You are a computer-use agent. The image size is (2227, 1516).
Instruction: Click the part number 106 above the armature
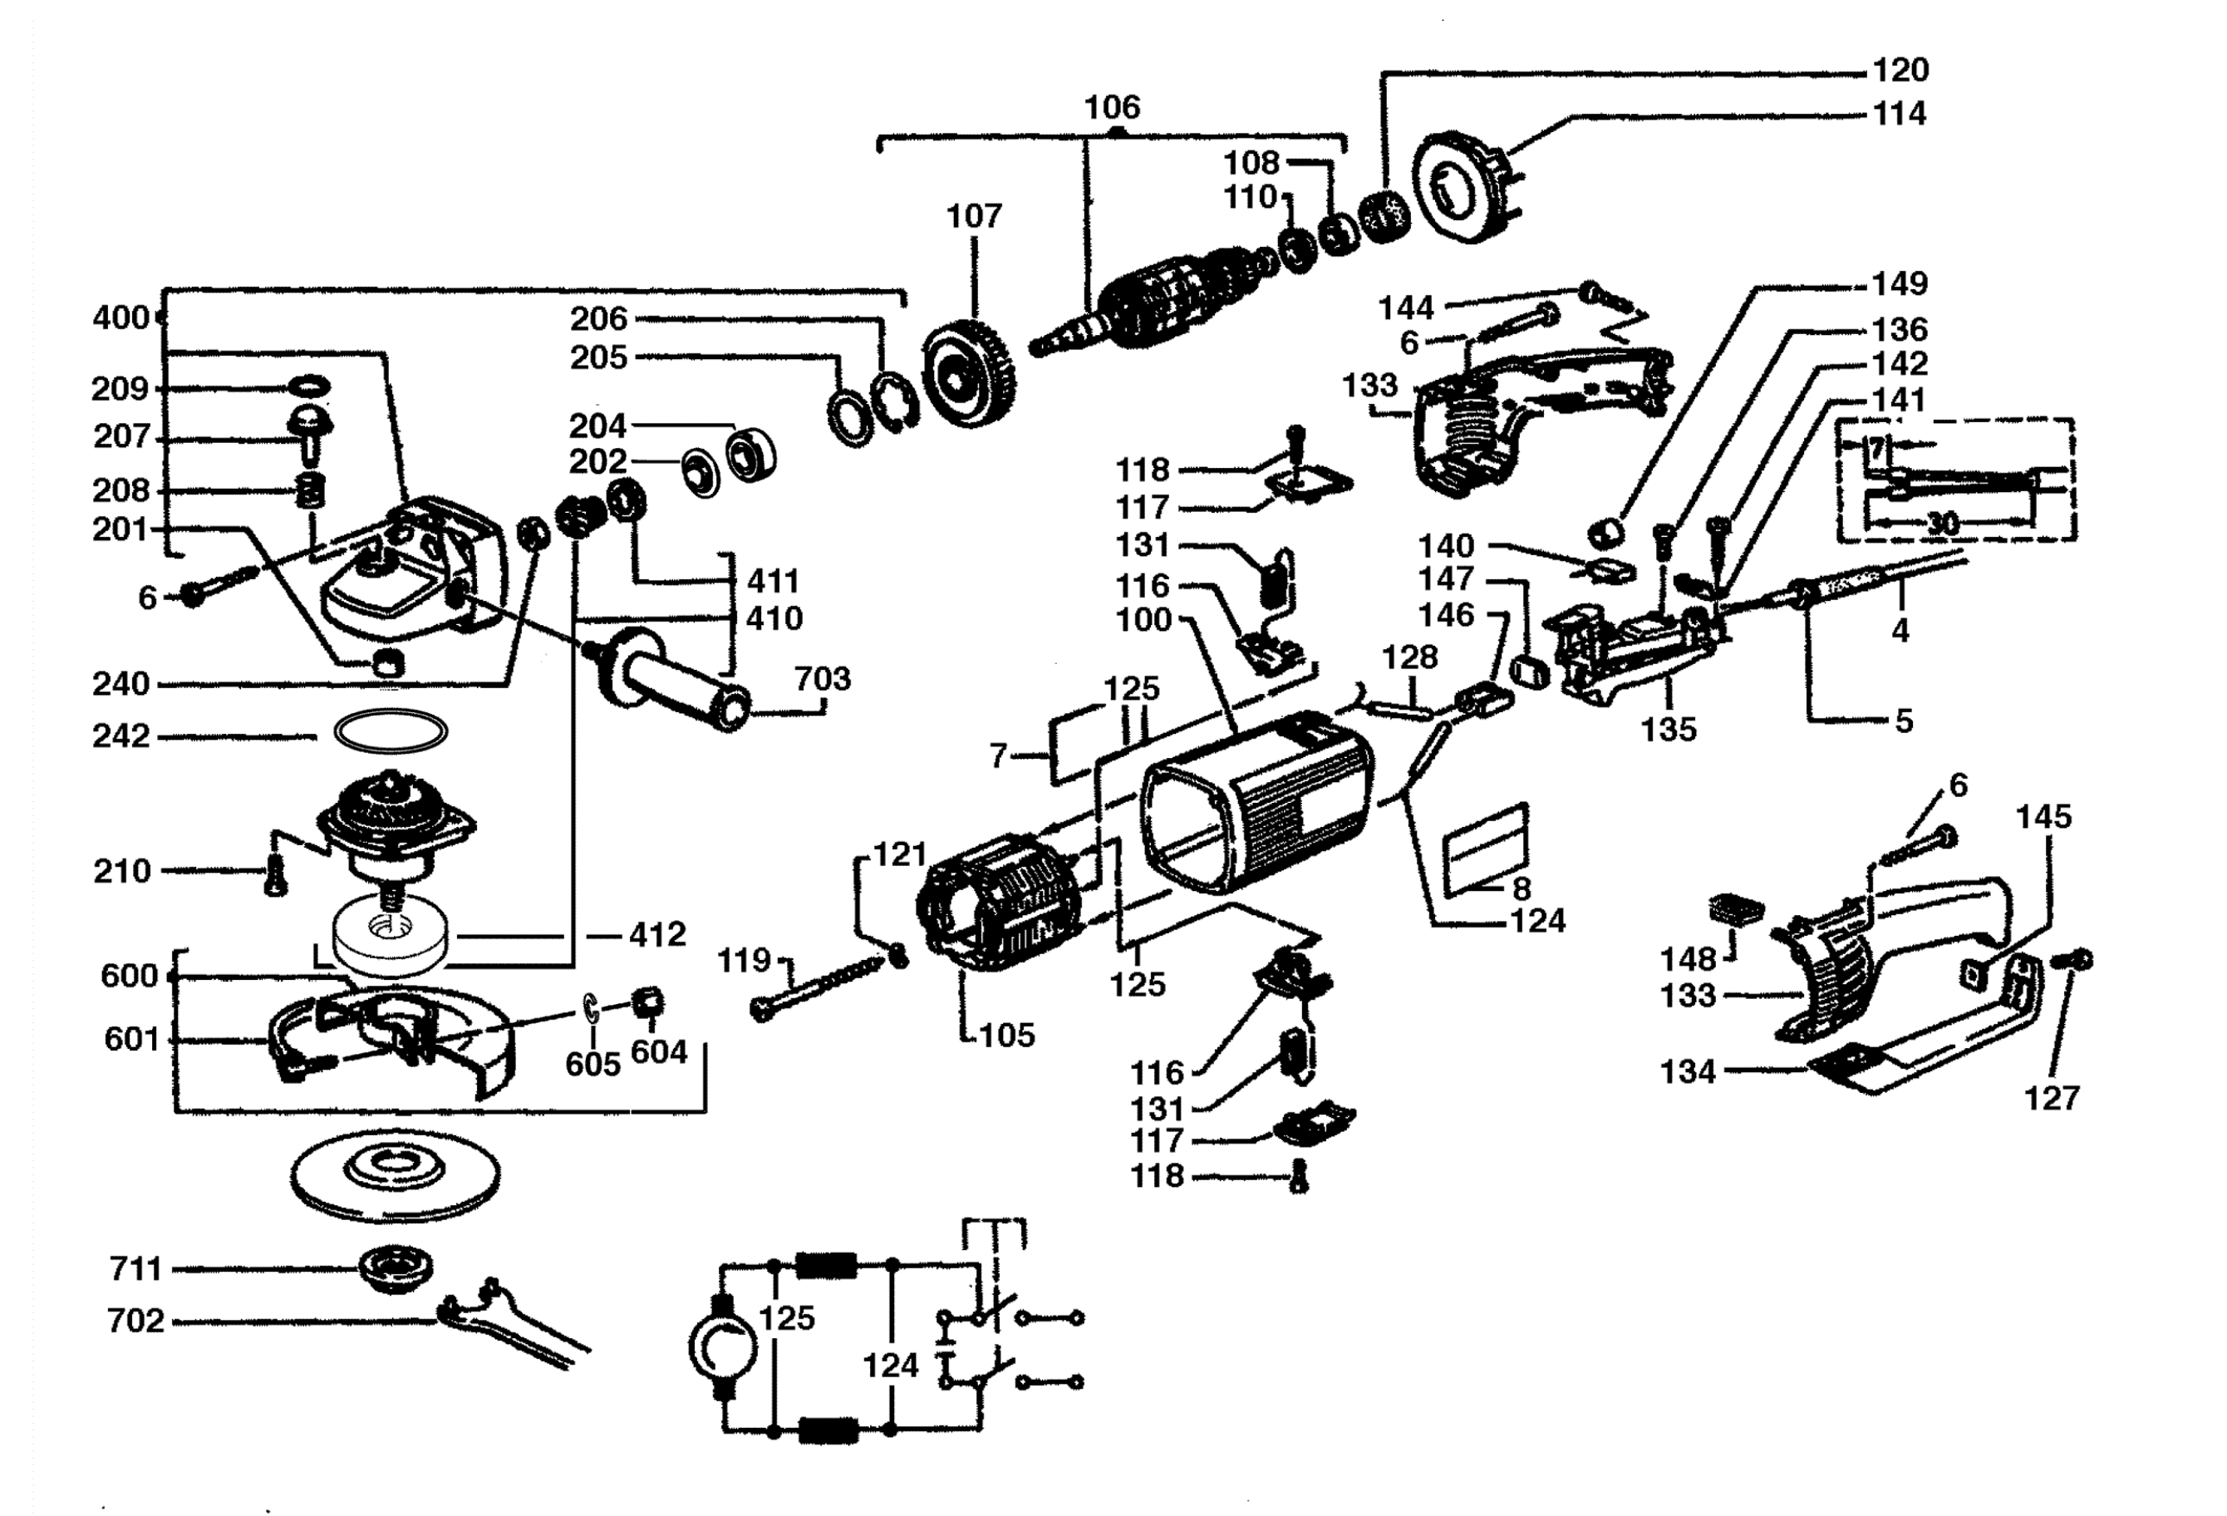(x=1112, y=106)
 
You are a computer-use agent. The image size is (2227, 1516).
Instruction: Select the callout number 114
(x=1900, y=114)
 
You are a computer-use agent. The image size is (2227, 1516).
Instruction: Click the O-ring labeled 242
(x=391, y=733)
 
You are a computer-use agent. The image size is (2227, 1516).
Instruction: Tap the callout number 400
(x=120, y=317)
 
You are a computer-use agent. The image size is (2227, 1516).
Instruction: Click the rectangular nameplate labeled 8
(x=1485, y=849)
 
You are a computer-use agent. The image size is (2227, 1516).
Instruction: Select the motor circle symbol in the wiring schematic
(x=725, y=1347)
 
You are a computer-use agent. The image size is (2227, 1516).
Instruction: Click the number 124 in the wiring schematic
(x=890, y=1365)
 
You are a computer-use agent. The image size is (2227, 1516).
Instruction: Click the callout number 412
(x=657, y=934)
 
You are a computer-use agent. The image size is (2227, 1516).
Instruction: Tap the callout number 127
(x=2051, y=1097)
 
